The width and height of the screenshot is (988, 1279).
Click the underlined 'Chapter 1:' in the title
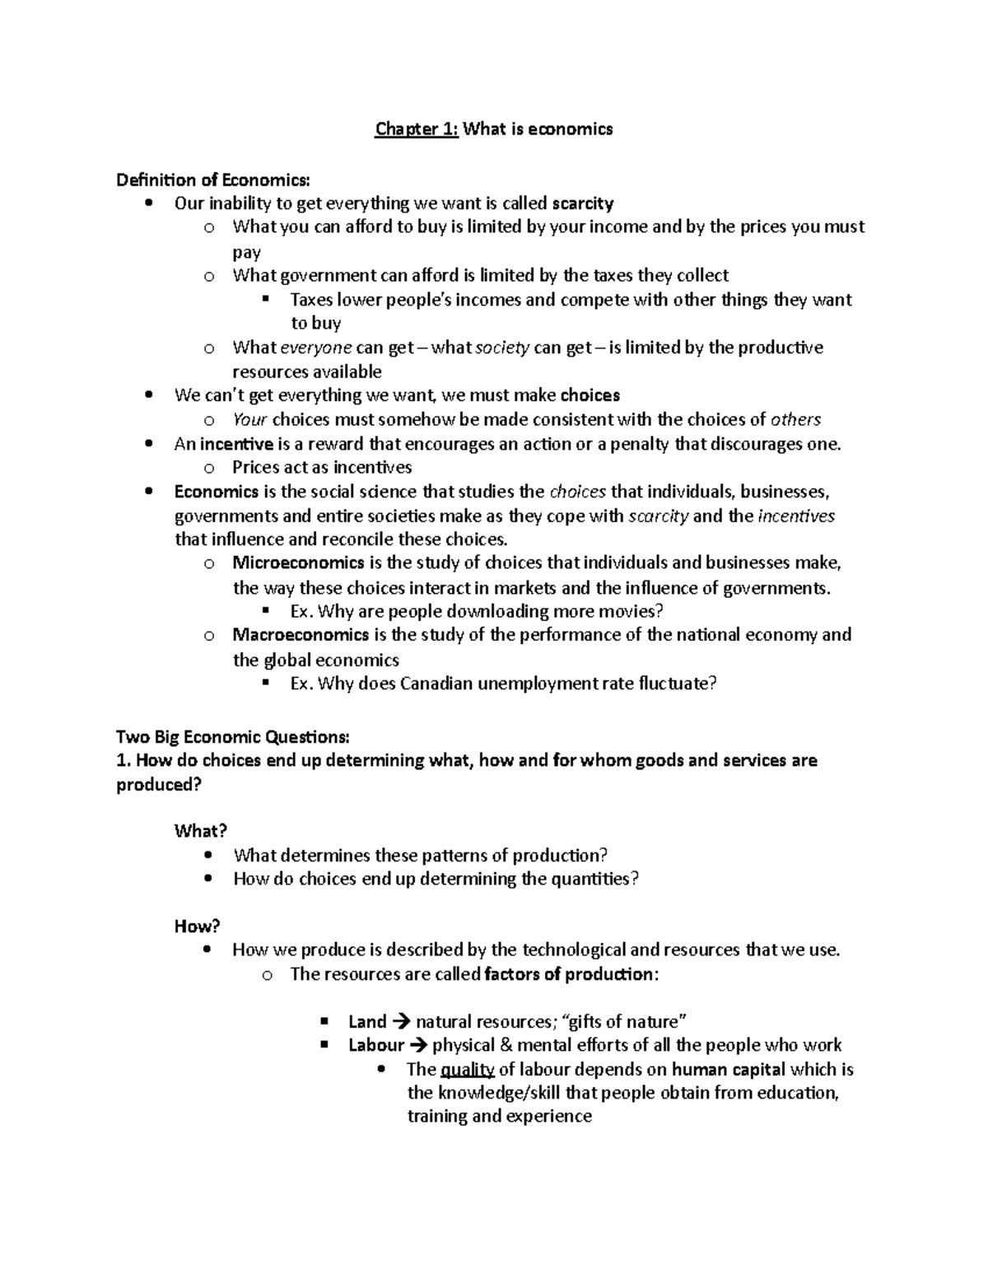click(x=416, y=129)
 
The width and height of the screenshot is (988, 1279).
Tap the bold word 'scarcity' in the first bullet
click(x=582, y=203)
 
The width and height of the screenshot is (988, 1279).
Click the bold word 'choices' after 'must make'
click(x=590, y=395)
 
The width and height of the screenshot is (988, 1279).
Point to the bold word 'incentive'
click(x=236, y=445)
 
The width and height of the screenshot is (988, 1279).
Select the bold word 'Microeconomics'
click(x=298, y=563)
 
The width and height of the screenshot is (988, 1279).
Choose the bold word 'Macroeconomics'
click(x=301, y=635)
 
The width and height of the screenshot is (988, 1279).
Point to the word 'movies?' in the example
click(x=633, y=611)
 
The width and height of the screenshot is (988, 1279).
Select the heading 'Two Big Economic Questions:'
click(x=233, y=736)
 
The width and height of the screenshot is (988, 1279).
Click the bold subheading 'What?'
click(x=200, y=831)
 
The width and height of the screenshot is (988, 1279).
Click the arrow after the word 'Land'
click(x=401, y=1023)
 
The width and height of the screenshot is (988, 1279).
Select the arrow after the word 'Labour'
click(x=418, y=1046)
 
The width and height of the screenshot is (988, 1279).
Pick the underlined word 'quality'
click(x=468, y=1070)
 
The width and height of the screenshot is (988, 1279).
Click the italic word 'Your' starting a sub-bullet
click(x=249, y=420)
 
